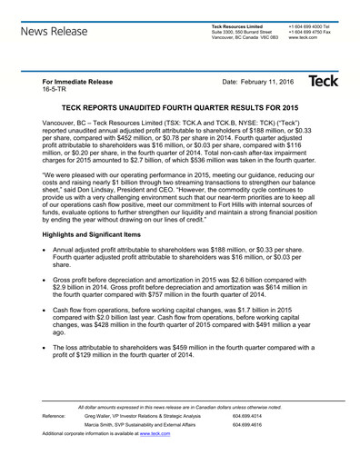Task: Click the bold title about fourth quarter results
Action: [180, 107]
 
